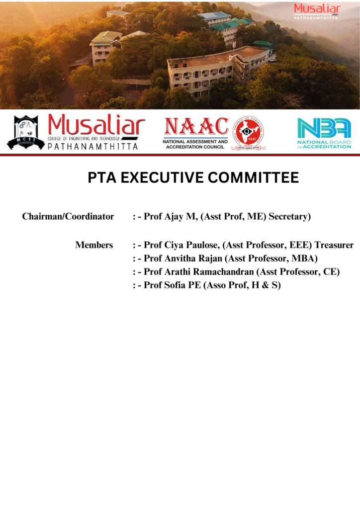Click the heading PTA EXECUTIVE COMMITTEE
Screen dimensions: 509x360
coord(193,177)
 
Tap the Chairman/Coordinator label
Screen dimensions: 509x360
coord(68,217)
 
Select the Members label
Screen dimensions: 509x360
coord(94,245)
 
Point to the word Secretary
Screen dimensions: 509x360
coord(289,217)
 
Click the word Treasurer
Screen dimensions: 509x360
coord(334,245)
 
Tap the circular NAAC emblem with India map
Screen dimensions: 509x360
coord(248,133)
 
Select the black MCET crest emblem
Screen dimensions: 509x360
coord(25,133)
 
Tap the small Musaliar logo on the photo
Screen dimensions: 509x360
coord(317,11)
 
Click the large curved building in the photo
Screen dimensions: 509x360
coord(219,70)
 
